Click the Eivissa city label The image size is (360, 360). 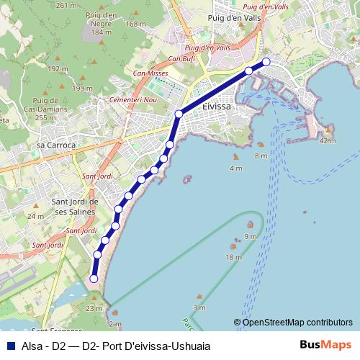tap(217, 106)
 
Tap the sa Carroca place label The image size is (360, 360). tap(55, 145)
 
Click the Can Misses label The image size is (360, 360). tap(149, 73)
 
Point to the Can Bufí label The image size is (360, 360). tap(181, 58)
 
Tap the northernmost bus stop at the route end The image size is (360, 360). tap(266, 61)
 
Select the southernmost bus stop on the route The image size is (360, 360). tap(94, 279)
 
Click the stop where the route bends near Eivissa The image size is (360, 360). tap(179, 114)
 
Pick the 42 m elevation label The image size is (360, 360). tap(328, 140)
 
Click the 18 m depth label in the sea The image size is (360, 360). tap(233, 256)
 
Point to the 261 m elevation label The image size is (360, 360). tap(66, 5)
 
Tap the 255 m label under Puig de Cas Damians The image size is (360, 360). tap(45, 117)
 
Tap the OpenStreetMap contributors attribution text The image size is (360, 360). tap(297, 322)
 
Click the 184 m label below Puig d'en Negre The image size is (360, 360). tap(102, 32)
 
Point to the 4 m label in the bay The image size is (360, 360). tap(235, 168)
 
